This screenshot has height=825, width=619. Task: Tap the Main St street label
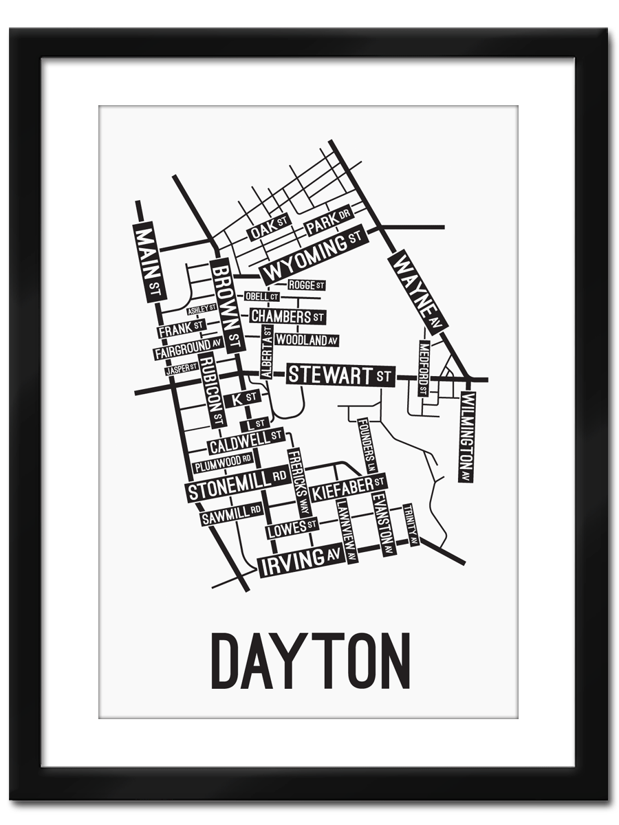(148, 262)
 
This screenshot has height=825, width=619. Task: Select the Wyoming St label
(312, 256)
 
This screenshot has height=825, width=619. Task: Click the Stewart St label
(340, 375)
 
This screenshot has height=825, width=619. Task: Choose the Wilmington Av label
(468, 437)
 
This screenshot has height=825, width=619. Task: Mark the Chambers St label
(287, 316)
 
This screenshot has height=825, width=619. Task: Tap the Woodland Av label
(307, 340)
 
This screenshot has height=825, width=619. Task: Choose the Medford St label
(424, 368)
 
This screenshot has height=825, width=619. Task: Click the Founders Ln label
(367, 445)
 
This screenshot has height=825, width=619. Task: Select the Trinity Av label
(411, 525)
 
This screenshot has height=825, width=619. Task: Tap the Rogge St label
(305, 285)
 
